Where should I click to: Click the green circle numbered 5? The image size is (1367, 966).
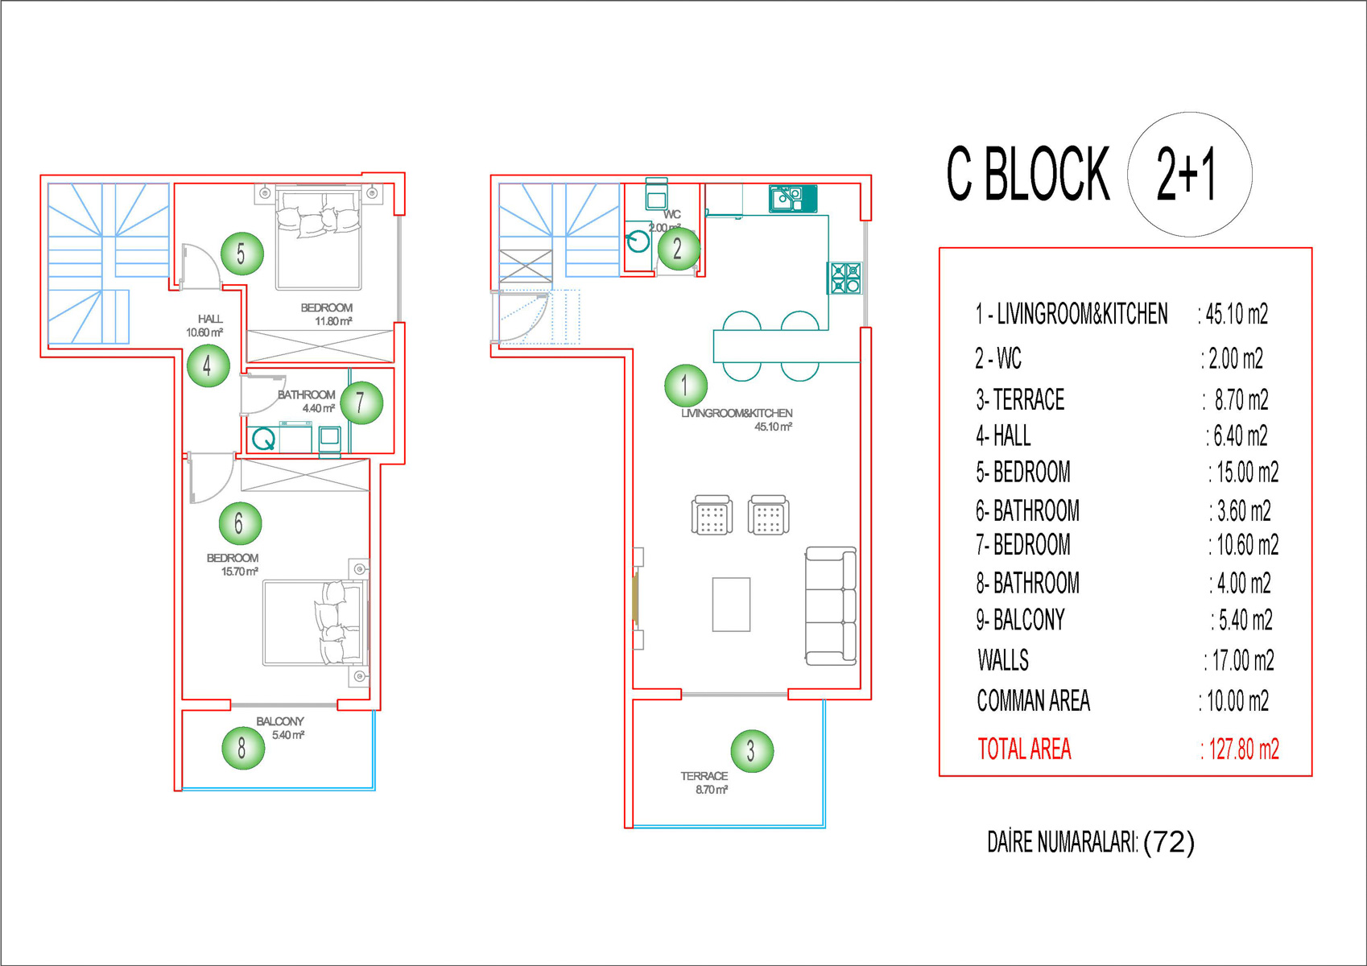(x=242, y=254)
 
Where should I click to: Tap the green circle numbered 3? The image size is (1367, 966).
(x=752, y=750)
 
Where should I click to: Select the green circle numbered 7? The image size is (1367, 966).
(x=361, y=402)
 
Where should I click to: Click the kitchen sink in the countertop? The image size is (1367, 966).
(x=793, y=199)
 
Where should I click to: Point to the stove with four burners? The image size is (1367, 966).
(x=845, y=278)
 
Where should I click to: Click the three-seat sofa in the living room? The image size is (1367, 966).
(x=831, y=605)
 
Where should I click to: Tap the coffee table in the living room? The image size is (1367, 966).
(x=731, y=604)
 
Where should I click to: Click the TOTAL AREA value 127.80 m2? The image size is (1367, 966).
(x=1240, y=749)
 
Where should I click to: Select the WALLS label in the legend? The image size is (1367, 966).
(x=1002, y=659)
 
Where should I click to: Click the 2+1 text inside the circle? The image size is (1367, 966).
(x=1187, y=175)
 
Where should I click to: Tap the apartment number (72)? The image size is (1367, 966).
(x=1169, y=842)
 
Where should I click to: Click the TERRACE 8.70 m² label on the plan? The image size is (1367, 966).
(x=704, y=782)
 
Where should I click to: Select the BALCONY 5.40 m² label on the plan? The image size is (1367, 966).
(x=280, y=728)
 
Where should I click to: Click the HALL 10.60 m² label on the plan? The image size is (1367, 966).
(x=204, y=325)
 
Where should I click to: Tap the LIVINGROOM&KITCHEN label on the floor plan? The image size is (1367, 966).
(x=737, y=413)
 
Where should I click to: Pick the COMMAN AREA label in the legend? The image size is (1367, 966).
(x=1033, y=700)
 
